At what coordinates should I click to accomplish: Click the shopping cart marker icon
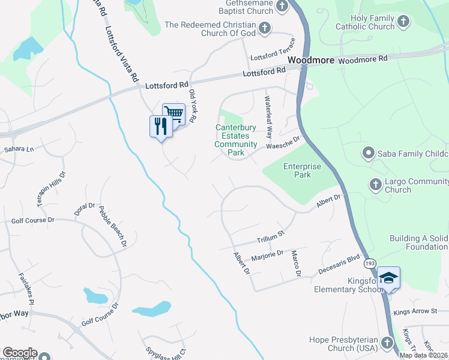coord(173,113)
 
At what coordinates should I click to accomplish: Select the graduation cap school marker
coord(388,277)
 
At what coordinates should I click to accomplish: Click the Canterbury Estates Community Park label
coord(236,140)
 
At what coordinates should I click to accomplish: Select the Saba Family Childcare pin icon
coord(368,154)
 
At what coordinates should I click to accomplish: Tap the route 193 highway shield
coord(370,263)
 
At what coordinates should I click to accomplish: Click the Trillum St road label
coord(271,236)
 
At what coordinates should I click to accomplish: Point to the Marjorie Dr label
coord(267,254)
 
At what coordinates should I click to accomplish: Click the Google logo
coord(20,353)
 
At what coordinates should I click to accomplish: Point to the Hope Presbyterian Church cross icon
coord(385,343)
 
